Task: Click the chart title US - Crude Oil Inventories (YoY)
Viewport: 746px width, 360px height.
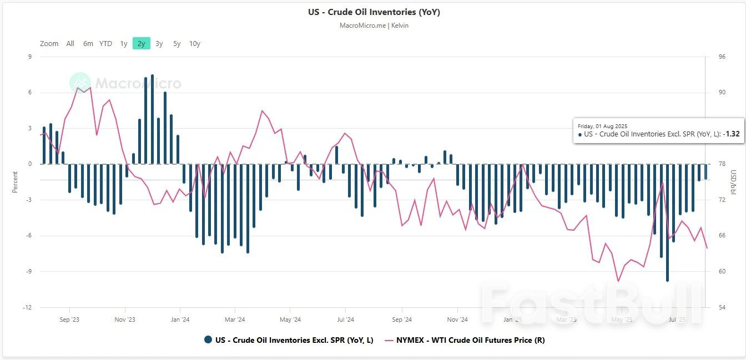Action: pos(374,12)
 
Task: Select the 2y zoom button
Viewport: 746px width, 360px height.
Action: pos(141,43)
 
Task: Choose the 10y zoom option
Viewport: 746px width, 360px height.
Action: pos(194,43)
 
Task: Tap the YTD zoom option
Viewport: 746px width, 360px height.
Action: pos(105,43)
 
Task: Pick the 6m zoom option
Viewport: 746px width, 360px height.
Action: pos(88,43)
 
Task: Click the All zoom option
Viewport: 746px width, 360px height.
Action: pos(70,43)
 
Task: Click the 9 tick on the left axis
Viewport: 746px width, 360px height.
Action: pos(30,57)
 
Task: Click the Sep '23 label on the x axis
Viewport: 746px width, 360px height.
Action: pos(69,320)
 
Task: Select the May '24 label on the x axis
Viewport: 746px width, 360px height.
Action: pos(290,320)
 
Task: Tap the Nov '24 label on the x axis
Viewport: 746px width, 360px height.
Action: pos(457,320)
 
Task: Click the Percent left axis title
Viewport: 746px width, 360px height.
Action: pos(15,182)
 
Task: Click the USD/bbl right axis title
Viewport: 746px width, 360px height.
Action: pos(732,182)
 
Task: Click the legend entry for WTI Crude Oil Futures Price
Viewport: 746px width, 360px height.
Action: pos(469,340)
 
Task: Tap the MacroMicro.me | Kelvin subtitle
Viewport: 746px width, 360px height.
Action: pos(374,26)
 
